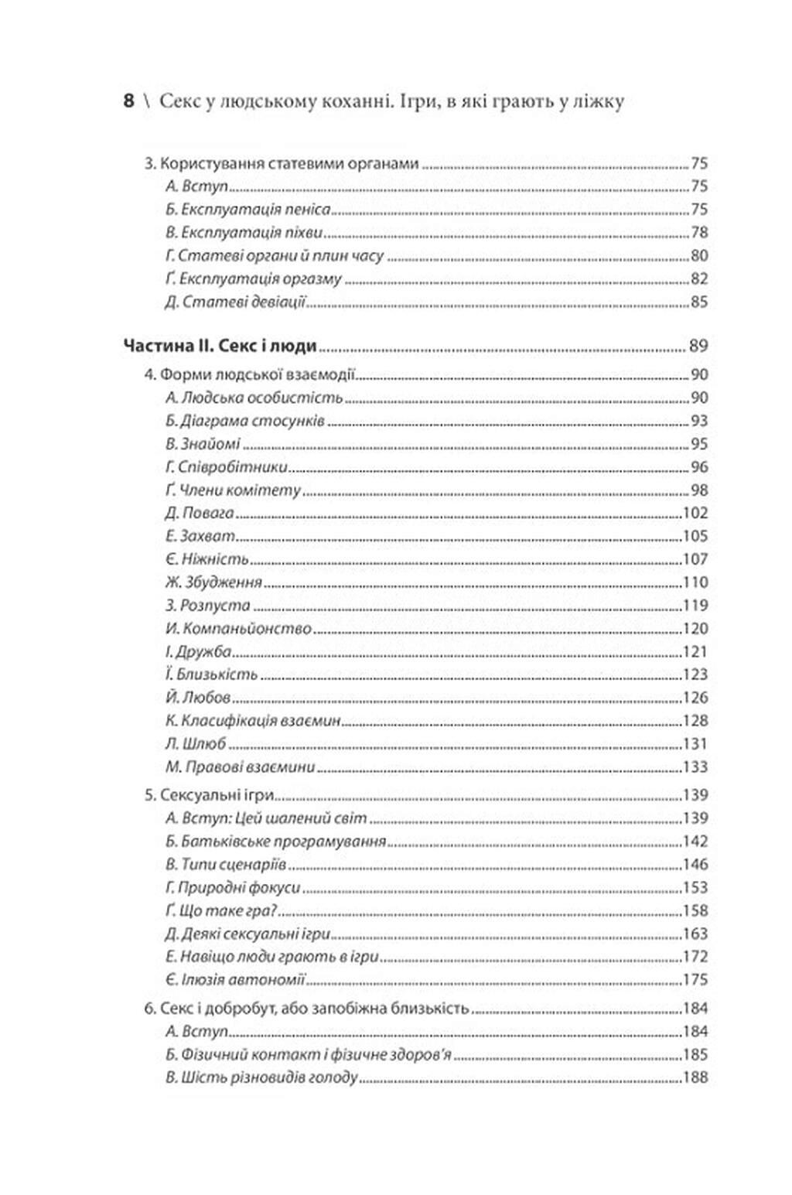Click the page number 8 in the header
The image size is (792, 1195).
(128, 101)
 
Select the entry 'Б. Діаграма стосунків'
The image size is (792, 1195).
(244, 422)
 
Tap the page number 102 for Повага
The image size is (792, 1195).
(695, 514)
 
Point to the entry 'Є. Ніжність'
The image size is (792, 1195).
(207, 559)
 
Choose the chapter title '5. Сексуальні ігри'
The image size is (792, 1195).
(210, 795)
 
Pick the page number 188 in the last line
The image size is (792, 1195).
(695, 1077)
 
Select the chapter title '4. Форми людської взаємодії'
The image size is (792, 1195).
(250, 375)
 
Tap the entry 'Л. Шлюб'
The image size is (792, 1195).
(196, 744)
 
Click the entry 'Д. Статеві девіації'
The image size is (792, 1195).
(236, 302)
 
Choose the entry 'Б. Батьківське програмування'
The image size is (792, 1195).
(275, 842)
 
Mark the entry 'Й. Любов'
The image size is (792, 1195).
(198, 698)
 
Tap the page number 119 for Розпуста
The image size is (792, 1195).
(695, 606)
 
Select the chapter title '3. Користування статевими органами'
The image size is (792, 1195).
(282, 164)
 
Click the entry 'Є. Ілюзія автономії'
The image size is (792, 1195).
(236, 980)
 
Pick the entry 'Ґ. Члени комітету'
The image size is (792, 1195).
(233, 490)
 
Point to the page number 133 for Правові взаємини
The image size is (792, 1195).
(695, 767)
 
